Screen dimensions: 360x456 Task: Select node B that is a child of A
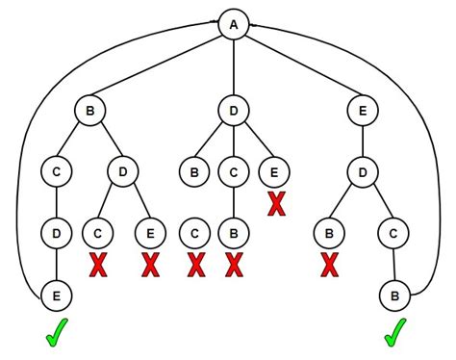tap(89, 113)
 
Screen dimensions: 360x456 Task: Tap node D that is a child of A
tap(233, 113)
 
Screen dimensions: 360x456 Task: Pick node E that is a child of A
tap(361, 113)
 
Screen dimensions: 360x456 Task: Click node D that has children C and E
tap(123, 173)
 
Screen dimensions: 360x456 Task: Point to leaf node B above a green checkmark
tap(393, 291)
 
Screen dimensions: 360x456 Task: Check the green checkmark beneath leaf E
tap(58, 334)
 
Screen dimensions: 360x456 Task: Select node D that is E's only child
tap(361, 173)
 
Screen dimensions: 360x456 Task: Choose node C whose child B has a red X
tap(233, 173)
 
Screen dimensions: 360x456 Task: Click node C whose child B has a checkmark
tap(393, 232)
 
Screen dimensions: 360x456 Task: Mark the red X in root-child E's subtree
tap(330, 263)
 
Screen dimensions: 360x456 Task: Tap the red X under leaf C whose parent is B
tap(195, 263)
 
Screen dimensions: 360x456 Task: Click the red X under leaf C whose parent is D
tap(96, 263)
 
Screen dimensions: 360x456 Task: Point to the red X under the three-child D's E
tap(277, 204)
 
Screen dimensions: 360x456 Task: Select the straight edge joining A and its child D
tap(233, 67)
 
